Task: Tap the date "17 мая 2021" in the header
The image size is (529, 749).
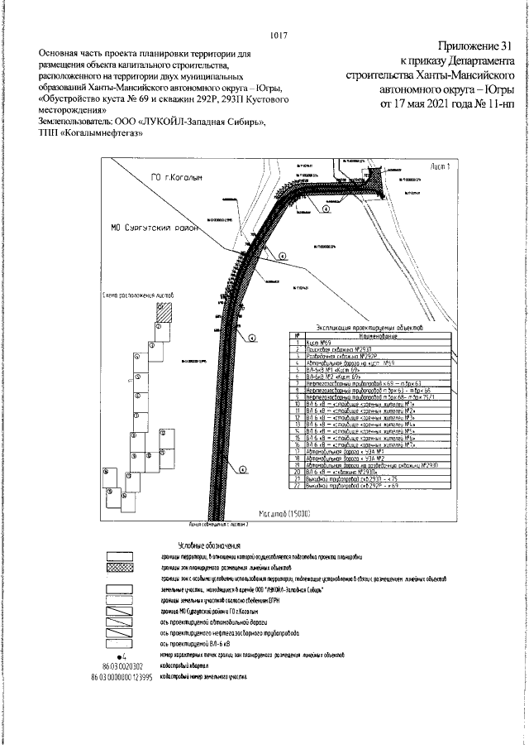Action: point(442,104)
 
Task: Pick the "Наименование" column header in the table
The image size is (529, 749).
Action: point(372,335)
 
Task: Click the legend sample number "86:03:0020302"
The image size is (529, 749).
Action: point(122,665)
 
